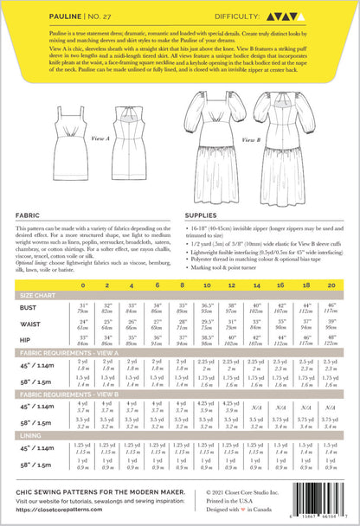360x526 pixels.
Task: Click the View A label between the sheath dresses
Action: tap(101, 138)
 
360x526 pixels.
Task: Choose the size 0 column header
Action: tap(83, 283)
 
